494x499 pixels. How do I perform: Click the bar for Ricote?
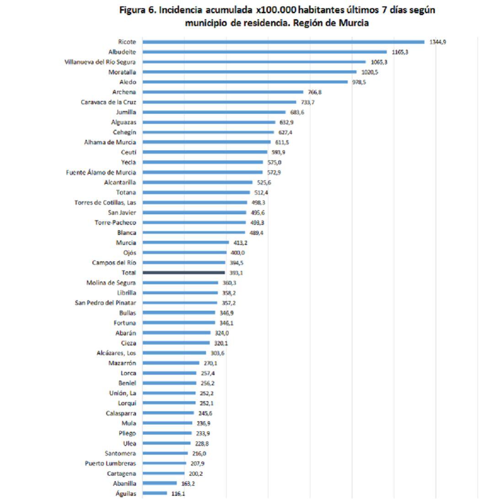(x=284, y=42)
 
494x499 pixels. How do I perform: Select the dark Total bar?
(x=183, y=273)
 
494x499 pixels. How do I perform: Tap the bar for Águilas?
(x=155, y=493)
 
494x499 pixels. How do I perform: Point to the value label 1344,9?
(x=437, y=42)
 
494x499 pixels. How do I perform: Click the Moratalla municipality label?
(x=122, y=72)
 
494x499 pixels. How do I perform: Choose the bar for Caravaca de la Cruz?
(x=219, y=102)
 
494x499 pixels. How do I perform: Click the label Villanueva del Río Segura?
(x=100, y=62)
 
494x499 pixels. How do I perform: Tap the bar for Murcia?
(x=186, y=242)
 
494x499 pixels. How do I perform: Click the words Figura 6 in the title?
(x=137, y=11)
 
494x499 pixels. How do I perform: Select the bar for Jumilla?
(x=214, y=112)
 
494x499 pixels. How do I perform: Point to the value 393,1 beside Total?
(x=236, y=273)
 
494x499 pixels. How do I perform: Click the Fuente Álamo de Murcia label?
(x=101, y=172)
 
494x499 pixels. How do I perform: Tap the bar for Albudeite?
(x=264, y=52)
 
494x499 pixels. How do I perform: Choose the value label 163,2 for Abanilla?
(x=188, y=483)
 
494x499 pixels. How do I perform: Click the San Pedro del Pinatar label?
(x=105, y=303)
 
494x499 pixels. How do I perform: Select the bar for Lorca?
(x=169, y=373)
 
